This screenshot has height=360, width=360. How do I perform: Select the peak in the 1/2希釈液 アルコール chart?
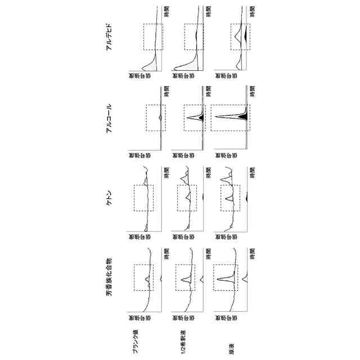pyautogui.click(x=194, y=118)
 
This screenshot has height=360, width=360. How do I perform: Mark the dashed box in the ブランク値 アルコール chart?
pyautogui.click(x=156, y=118)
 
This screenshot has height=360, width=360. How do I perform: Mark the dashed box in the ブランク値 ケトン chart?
pyautogui.click(x=143, y=198)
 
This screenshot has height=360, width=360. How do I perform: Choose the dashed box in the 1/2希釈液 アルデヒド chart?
pyautogui.click(x=194, y=37)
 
